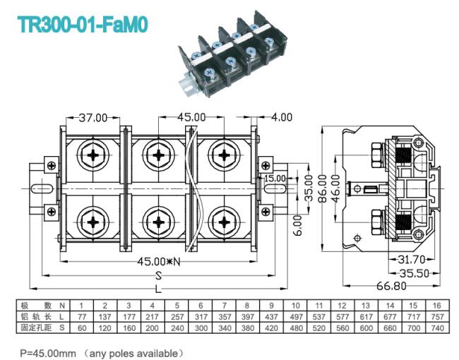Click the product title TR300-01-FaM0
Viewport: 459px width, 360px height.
pos(83,25)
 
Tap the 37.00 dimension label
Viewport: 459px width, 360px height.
pos(93,118)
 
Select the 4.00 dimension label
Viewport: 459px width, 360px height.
pos(282,117)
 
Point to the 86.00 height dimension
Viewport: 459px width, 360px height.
pos(322,188)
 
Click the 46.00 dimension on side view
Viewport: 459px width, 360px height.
pos(336,188)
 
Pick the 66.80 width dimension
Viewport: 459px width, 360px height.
pos(391,286)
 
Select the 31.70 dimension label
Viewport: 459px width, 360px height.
pos(411,259)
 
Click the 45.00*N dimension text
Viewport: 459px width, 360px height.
pos(159,261)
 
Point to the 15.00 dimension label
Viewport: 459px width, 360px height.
pos(275,179)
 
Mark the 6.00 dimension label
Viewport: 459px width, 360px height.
pos(297,225)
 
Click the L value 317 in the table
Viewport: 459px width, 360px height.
pos(201,317)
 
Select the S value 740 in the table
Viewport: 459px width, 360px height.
pos(437,328)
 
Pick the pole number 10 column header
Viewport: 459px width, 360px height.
pos(296,306)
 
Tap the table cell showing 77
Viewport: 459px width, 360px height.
pos(82,317)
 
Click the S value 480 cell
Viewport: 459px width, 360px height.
pos(296,328)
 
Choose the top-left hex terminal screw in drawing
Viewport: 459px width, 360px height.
pos(93,155)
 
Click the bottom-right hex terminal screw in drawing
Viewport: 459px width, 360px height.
pos(225,222)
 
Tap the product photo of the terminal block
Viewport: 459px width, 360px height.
pos(233,54)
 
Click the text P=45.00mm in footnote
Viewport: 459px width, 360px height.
pos(48,353)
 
